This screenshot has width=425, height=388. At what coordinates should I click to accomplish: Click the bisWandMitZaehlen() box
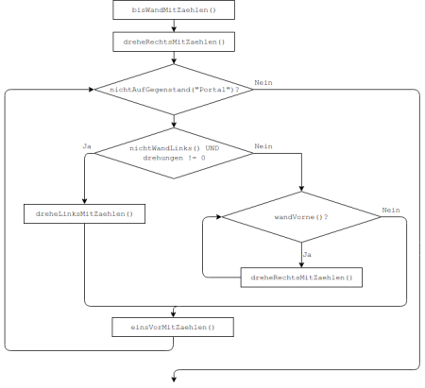[x=174, y=10]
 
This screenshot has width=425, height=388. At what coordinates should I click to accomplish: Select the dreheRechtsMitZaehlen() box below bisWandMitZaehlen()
[x=174, y=42]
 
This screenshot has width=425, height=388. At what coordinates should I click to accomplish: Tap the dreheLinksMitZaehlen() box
[x=84, y=214]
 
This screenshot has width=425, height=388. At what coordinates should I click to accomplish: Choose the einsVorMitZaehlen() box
[x=173, y=328]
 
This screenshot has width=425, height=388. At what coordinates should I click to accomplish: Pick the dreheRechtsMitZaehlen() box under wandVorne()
[x=301, y=278]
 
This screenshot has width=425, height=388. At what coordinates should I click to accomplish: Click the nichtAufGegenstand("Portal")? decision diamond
[x=174, y=90]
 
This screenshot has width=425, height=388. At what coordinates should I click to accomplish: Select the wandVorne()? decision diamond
[x=301, y=217]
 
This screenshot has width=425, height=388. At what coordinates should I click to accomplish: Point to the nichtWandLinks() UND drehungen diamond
[x=174, y=153]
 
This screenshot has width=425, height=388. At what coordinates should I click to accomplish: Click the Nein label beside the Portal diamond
[x=263, y=83]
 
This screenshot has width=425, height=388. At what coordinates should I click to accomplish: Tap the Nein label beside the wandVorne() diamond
[x=391, y=211]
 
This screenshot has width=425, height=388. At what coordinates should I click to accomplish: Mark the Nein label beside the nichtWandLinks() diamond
[x=263, y=146]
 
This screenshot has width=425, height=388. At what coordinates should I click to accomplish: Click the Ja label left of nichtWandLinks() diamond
[x=87, y=146]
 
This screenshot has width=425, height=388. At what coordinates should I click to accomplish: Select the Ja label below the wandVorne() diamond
[x=307, y=255]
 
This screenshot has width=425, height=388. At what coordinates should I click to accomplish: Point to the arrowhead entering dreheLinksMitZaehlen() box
[x=84, y=201]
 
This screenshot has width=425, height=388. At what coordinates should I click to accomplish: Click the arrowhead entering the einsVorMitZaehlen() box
[x=173, y=314]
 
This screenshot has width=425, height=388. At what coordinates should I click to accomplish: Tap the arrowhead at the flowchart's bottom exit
[x=174, y=380]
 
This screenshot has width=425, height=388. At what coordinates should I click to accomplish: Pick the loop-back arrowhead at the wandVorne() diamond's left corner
[x=219, y=217]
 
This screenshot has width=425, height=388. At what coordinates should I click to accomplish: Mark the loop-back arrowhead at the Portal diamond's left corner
[x=92, y=90]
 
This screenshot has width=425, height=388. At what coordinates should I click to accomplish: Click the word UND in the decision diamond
[x=212, y=148]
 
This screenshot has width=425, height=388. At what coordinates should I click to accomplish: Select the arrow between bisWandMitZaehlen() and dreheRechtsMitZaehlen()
[x=174, y=25]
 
